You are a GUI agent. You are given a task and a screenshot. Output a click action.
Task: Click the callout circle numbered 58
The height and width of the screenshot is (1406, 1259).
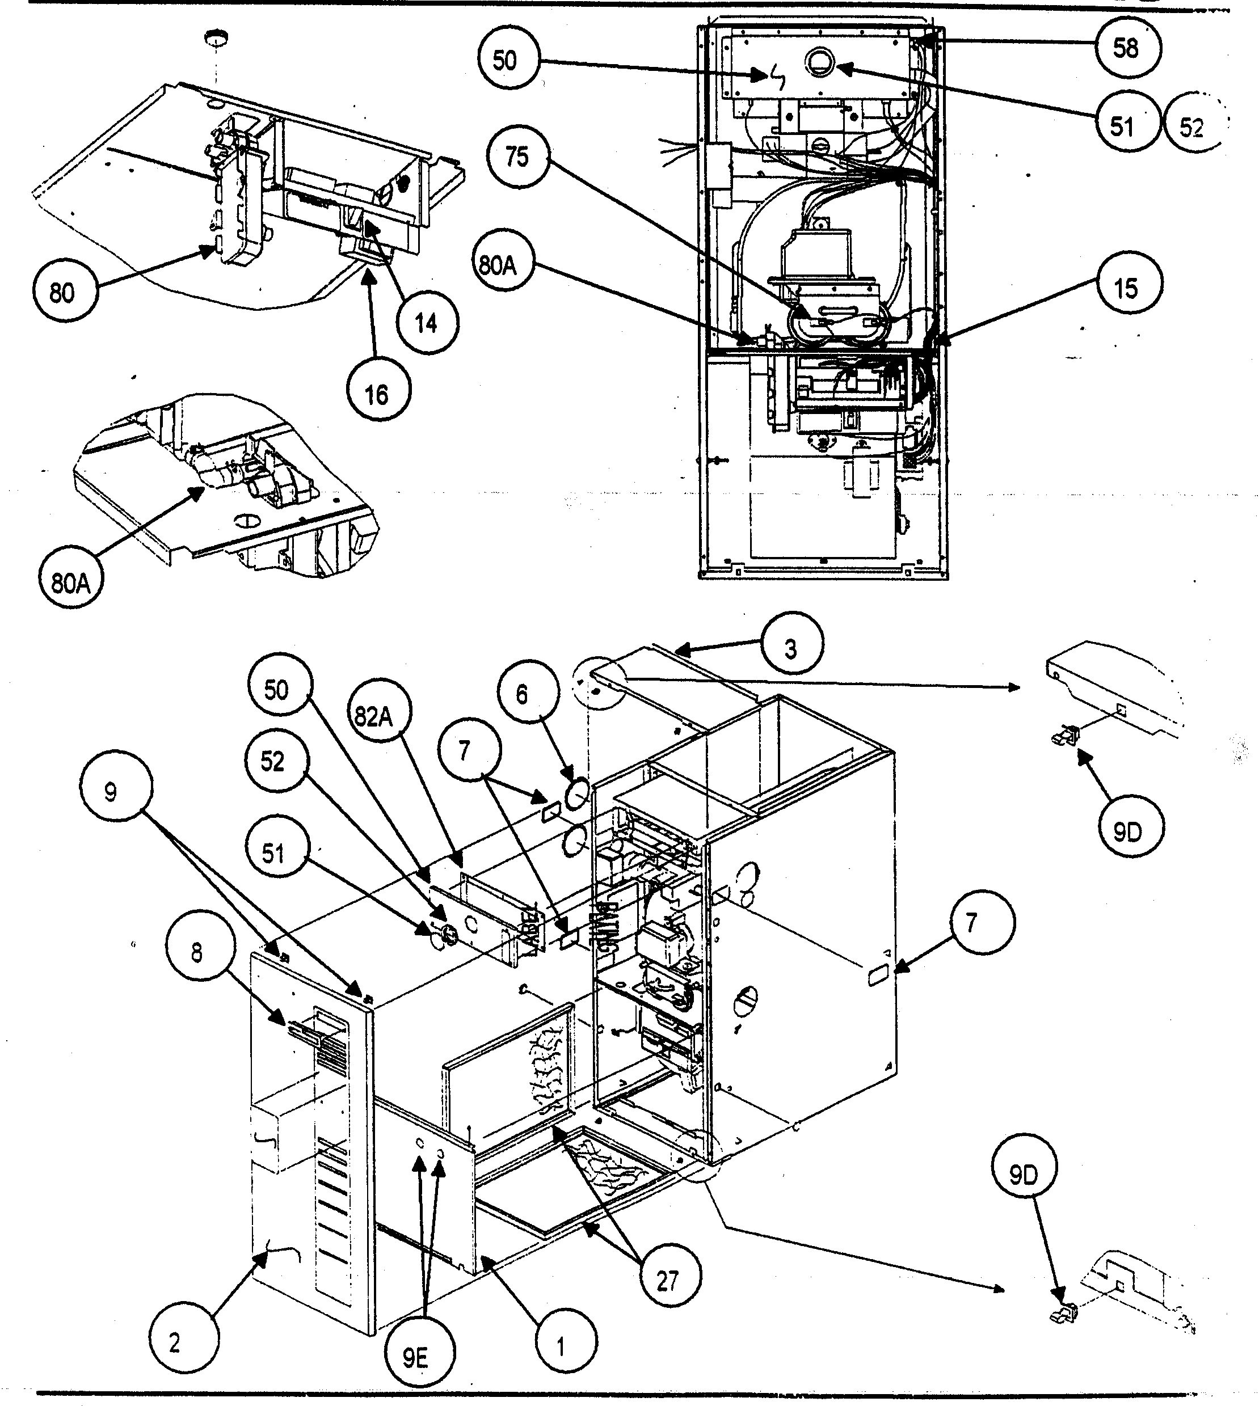pyautogui.click(x=1126, y=48)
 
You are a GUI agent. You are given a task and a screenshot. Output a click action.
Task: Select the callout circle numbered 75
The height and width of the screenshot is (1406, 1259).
pyautogui.click(x=517, y=157)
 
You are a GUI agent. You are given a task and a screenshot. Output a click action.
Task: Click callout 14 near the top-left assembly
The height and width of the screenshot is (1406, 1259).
pyautogui.click(x=426, y=322)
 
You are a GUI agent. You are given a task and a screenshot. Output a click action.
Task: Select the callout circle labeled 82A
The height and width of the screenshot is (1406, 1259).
pyautogui.click(x=374, y=716)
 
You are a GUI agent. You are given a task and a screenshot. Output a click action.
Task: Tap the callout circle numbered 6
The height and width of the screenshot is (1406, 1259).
pyautogui.click(x=523, y=694)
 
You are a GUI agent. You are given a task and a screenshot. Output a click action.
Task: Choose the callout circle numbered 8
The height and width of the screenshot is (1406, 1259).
pyautogui.click(x=197, y=952)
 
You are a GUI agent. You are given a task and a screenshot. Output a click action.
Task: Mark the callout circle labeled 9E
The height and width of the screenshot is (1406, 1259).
pyautogui.click(x=416, y=1358)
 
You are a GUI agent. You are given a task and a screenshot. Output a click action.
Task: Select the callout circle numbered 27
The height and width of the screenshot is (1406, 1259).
pyautogui.click(x=668, y=1281)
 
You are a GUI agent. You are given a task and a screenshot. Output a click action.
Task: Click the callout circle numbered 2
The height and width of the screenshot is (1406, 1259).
pyautogui.click(x=174, y=1342)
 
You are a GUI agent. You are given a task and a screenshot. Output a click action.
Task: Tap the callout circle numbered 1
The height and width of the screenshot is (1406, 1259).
pyautogui.click(x=561, y=1346)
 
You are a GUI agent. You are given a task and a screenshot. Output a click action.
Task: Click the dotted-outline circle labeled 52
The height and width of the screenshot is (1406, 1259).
pyautogui.click(x=1192, y=126)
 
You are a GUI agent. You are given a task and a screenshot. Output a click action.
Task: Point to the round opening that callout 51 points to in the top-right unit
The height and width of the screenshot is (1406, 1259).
pyautogui.click(x=820, y=64)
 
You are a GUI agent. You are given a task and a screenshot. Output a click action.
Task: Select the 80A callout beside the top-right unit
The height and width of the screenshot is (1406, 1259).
pyautogui.click(x=498, y=264)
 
